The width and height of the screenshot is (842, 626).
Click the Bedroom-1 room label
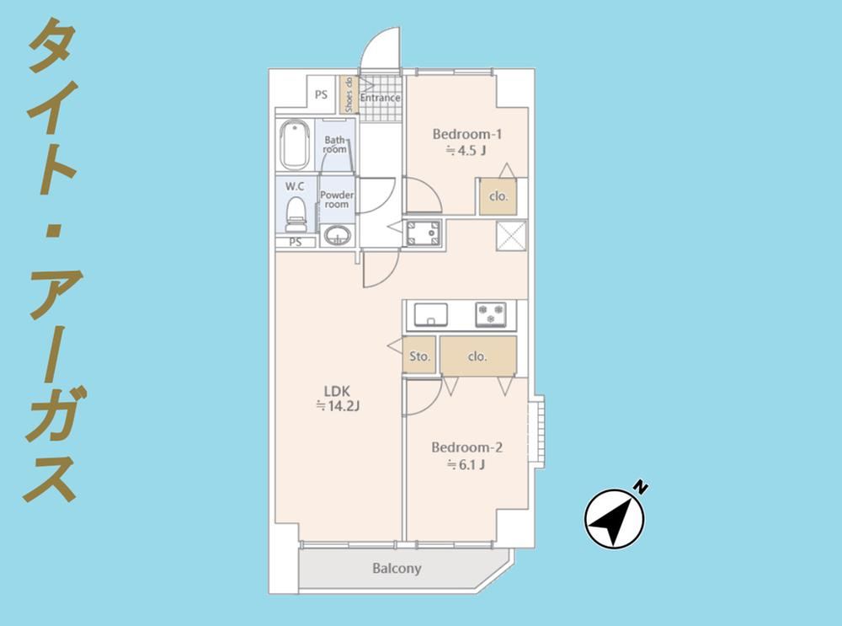tap(466, 134)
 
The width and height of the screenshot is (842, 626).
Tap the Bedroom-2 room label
tap(466, 447)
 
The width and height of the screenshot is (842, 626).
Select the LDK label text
tap(337, 391)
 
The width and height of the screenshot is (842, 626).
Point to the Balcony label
tap(397, 568)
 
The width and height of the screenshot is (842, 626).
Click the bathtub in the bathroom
tap(295, 145)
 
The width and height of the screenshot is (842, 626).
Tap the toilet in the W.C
tap(296, 214)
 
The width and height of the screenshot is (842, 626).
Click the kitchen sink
tap(430, 314)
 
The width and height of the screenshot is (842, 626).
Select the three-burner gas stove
tap(490, 314)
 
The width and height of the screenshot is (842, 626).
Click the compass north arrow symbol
tap(614, 518)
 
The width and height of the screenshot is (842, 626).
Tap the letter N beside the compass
tap(640, 487)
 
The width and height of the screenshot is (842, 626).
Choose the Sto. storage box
tap(418, 356)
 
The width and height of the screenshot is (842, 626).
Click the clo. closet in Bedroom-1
tap(498, 196)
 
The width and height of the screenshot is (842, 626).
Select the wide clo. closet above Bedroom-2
tap(478, 356)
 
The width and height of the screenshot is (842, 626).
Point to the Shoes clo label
tap(349, 94)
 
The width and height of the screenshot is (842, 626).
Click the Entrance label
tap(381, 98)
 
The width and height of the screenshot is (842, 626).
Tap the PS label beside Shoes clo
tap(321, 94)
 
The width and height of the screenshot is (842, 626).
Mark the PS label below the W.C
tap(296, 243)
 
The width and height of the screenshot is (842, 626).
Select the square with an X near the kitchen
tap(511, 235)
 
